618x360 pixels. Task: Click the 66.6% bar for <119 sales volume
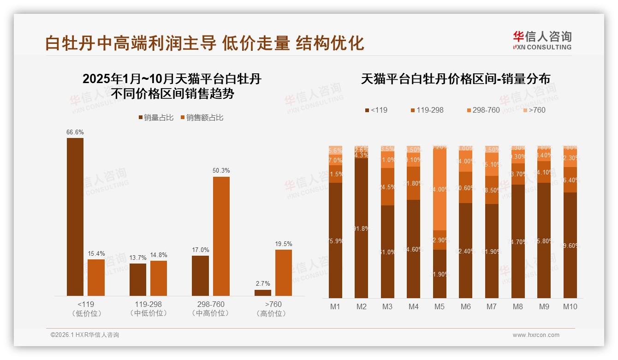point(75,217)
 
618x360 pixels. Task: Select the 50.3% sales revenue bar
point(221,236)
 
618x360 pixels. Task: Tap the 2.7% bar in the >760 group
point(263,293)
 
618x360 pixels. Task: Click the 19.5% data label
point(284,244)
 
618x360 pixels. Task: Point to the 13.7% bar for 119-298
point(138,280)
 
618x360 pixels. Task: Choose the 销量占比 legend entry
point(156,118)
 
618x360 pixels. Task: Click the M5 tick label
point(439,306)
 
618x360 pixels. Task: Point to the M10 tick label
point(570,306)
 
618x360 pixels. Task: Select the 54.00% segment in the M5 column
point(440,189)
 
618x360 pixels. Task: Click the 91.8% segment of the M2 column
point(362,228)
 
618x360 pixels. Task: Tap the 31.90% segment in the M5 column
point(440,274)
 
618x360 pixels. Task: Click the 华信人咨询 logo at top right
point(542,40)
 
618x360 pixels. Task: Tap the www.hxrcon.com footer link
point(536,335)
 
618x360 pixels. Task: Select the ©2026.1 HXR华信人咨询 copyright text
point(84,335)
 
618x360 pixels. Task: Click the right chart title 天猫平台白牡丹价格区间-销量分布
point(455,79)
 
